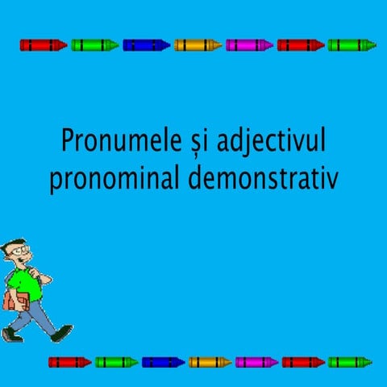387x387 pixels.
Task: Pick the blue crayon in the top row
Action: (x=146, y=45)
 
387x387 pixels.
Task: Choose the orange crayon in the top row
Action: (x=198, y=45)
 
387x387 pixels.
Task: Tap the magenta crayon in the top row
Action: (x=249, y=45)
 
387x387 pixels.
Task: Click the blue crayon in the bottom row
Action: (x=163, y=362)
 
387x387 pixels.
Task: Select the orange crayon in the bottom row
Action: (x=210, y=362)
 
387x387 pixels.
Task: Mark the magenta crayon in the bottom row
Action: (x=256, y=362)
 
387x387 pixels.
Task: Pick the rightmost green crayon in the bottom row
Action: (x=349, y=362)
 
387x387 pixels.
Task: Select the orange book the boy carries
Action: (x=12, y=301)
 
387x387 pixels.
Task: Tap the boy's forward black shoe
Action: (x=62, y=331)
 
